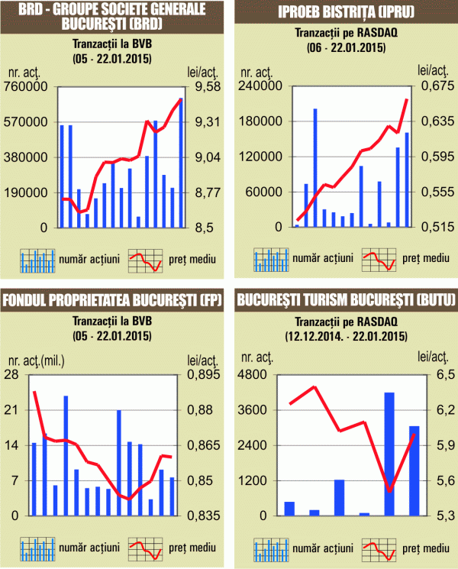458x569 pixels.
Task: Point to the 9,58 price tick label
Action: click(x=205, y=86)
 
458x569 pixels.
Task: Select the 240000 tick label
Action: click(x=256, y=86)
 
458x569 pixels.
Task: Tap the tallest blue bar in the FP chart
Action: click(x=66, y=455)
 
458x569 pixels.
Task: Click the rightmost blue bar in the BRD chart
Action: click(x=181, y=163)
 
